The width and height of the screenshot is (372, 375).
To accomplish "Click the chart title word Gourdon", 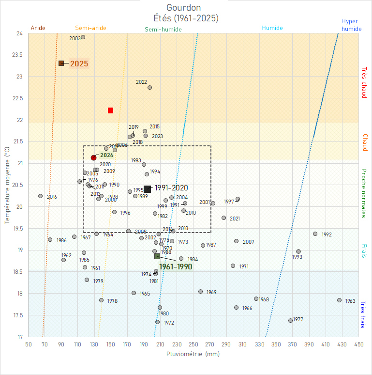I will pyautogui.click(x=183, y=8).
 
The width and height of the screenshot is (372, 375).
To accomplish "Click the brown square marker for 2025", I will pyautogui.click(x=61, y=63).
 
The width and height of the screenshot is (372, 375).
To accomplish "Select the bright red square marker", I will pyautogui.click(x=110, y=110).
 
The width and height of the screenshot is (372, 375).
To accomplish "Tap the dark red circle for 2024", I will pyautogui.click(x=94, y=157).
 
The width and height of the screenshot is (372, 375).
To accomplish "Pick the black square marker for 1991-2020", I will pyautogui.click(x=147, y=189).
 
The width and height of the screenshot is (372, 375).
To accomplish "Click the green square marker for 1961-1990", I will pyautogui.click(x=157, y=256).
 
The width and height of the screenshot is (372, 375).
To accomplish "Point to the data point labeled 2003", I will pyautogui.click(x=83, y=37).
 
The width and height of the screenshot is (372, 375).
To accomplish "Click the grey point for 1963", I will pyautogui.click(x=339, y=300).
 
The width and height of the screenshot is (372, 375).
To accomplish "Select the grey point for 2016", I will pyautogui.click(x=40, y=196).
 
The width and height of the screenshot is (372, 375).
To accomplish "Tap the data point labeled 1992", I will pyautogui.click(x=315, y=234).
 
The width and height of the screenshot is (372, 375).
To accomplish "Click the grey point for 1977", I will pyautogui.click(x=290, y=320).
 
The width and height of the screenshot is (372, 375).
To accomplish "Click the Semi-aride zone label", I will pyautogui.click(x=90, y=28).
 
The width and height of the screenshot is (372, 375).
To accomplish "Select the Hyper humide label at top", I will pyautogui.click(x=351, y=25).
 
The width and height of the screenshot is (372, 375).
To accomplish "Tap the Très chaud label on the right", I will pyautogui.click(x=364, y=82).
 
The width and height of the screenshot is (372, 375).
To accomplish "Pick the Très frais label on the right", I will pyautogui.click(x=364, y=314).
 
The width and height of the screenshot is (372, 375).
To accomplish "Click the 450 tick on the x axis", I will pyautogui.click(x=358, y=344).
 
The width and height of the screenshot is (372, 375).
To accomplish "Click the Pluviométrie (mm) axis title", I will pyautogui.click(x=193, y=354).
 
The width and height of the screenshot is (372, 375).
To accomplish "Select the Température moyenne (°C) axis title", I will pyautogui.click(x=7, y=185).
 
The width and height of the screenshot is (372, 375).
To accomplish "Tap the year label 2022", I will pyautogui.click(x=141, y=82).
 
